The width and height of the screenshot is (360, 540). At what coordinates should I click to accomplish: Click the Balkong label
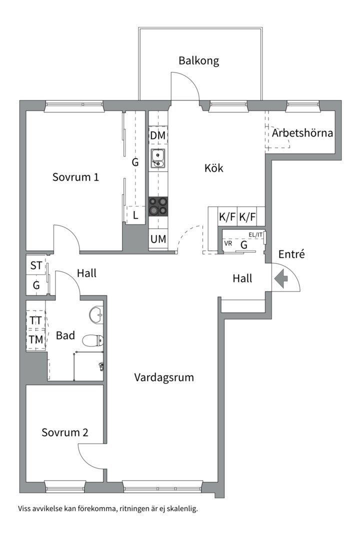coord(199,61)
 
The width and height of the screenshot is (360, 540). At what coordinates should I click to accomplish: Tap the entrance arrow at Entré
coord(281,278)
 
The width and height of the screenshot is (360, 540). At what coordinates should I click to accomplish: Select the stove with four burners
coord(158,206)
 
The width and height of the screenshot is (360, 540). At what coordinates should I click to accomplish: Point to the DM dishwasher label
coord(158,135)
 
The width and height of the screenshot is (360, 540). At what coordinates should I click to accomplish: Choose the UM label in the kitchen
coord(158,238)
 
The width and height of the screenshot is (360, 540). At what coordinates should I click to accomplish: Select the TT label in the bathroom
coord(35,320)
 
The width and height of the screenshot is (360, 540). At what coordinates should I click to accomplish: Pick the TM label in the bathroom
coord(36,339)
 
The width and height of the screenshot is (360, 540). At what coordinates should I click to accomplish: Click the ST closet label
coord(36,265)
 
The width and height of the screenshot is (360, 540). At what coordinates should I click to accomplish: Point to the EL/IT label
coord(255,235)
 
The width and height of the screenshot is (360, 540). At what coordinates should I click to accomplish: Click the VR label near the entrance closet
coord(228,243)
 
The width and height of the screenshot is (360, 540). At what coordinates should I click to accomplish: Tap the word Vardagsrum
coord(164,377)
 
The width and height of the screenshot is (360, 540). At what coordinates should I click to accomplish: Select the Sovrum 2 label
coord(65,432)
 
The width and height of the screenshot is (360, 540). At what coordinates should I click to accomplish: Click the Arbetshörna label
coord(302,133)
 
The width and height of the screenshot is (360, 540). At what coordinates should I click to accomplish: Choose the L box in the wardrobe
coord(135,215)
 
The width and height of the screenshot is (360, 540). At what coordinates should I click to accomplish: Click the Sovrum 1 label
coord(75,177)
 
